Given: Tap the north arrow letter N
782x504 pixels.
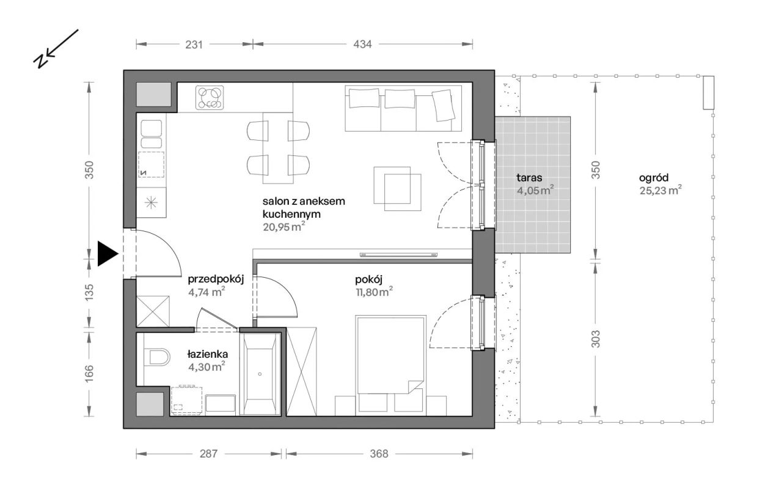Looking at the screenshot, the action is coord(40,61).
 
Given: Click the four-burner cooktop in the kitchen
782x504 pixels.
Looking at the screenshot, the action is coord(210,97).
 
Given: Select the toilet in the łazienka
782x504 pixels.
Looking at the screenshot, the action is coord(157,357).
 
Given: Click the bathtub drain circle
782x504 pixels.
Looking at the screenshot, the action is coord(260,374).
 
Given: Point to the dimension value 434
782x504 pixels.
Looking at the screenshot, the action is coord(362,45).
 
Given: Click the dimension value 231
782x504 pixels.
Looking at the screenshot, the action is coord(194,45).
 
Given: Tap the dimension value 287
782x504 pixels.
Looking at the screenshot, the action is coord(208,454).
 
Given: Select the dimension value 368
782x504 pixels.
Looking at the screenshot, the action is coord(379,454).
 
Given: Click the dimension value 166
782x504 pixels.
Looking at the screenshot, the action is coord(89,373).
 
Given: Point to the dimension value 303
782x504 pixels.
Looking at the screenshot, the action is coord(596,339).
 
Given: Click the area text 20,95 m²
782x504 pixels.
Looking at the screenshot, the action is coord(284,226).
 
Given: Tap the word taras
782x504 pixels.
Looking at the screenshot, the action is coord(529,177).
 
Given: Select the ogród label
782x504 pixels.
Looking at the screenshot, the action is coord(654,178).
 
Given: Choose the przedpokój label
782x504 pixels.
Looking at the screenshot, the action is coord(216,280).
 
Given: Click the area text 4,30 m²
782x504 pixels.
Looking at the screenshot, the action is coord(206,366).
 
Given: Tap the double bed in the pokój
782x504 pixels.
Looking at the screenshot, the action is coord(390,355).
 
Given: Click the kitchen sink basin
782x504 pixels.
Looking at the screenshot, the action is coord(152,128).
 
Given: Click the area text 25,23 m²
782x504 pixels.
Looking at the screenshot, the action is coord(660,190).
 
